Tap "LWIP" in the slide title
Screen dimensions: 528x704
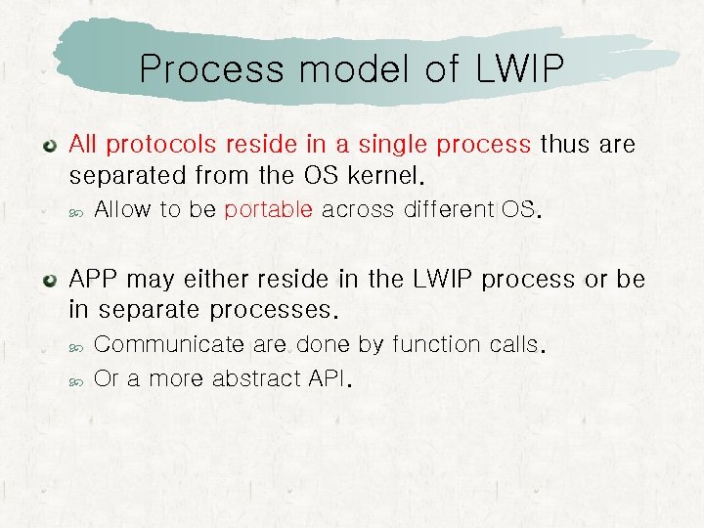[x=519, y=69]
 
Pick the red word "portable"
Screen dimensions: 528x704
[x=269, y=210]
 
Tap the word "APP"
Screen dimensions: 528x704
[x=95, y=280]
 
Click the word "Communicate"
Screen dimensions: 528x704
[x=169, y=345]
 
